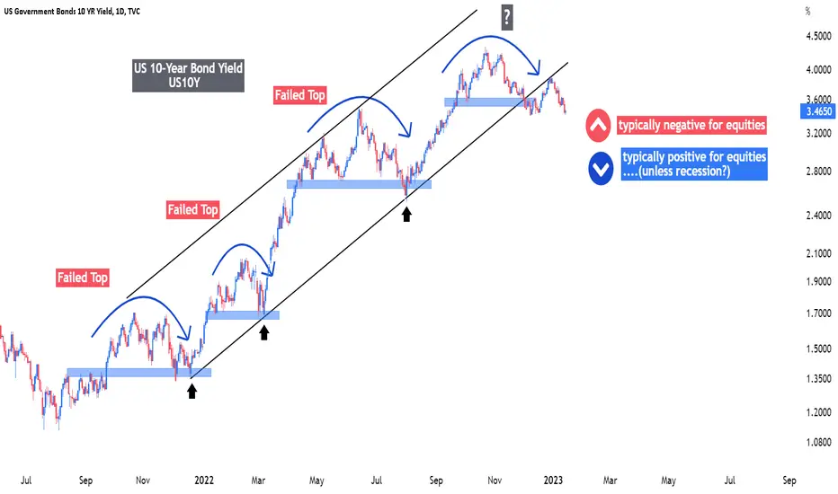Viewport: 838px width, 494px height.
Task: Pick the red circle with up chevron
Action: tap(598, 125)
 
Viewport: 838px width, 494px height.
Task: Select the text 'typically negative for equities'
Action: tap(691, 125)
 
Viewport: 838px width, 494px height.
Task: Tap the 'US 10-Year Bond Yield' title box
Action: tap(189, 76)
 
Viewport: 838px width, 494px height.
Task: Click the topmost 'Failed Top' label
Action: tap(300, 95)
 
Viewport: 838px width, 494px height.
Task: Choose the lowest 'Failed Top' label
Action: tap(83, 278)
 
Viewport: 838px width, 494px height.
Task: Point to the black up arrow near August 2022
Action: tap(406, 214)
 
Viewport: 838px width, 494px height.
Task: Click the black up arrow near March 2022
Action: tap(263, 332)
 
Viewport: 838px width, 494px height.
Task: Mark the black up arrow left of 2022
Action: tap(192, 391)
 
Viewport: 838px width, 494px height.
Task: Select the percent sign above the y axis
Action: tap(808, 13)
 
